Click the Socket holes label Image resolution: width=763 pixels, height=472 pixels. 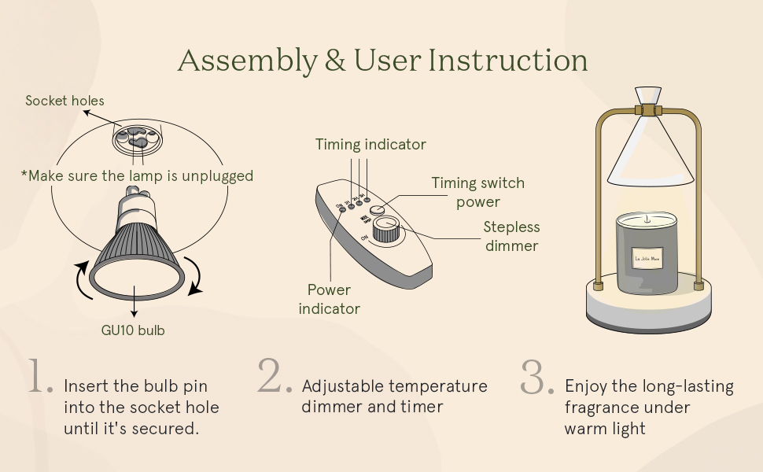tap(65, 101)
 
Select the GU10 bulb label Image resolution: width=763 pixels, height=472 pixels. tap(133, 330)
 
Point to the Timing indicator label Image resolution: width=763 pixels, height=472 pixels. tap(370, 144)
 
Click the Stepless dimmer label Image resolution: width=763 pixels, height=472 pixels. tap(511, 236)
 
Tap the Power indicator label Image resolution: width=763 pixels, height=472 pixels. tap(329, 299)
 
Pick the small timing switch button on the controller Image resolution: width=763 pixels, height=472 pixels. tap(379, 210)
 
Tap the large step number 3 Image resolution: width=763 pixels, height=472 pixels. tap(538, 377)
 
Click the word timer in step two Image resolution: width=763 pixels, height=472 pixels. tap(424, 407)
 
